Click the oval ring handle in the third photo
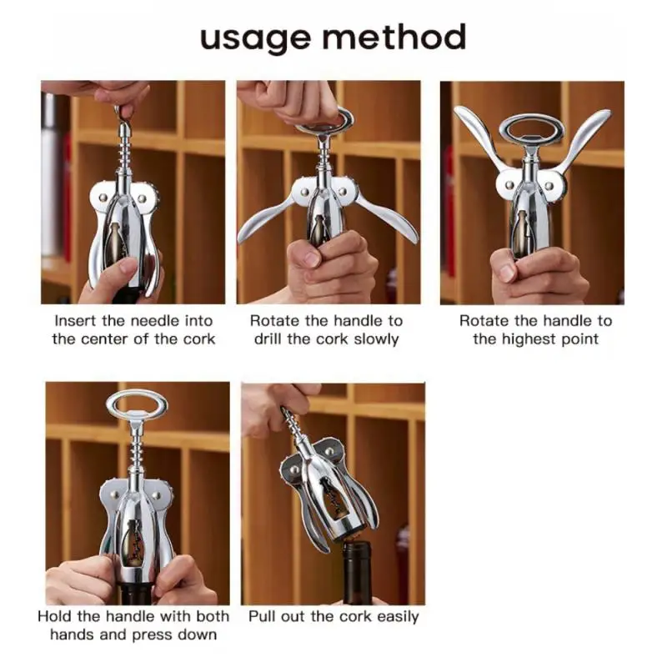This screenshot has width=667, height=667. point(532,129)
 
